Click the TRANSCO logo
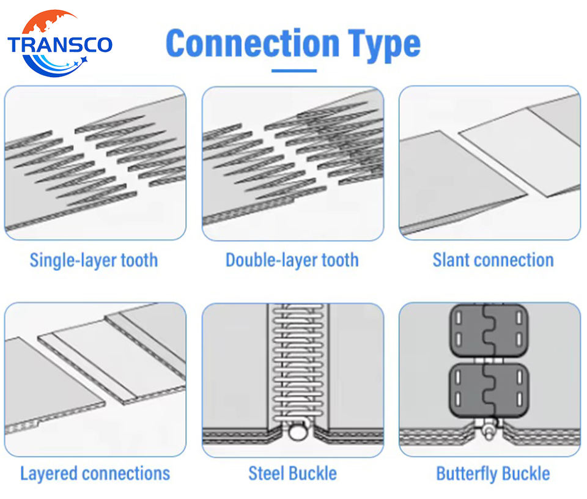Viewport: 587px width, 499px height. pyautogui.click(x=59, y=43)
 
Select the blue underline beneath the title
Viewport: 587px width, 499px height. pyautogui.click(x=293, y=70)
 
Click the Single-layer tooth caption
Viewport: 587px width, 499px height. pyautogui.click(x=94, y=260)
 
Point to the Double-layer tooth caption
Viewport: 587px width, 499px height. pyautogui.click(x=292, y=260)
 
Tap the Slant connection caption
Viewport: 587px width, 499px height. pyautogui.click(x=493, y=260)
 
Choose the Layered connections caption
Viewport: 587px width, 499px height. pyautogui.click(x=95, y=473)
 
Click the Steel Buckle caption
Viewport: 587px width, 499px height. pyautogui.click(x=292, y=473)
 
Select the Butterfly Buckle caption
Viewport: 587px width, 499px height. pyautogui.click(x=493, y=473)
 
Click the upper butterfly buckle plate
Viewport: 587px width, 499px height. pyautogui.click(x=489, y=331)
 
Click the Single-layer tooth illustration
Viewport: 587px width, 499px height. pyautogui.click(x=95, y=163)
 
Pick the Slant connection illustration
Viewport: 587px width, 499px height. pyautogui.click(x=489, y=163)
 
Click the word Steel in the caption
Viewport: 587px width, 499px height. pyautogui.click(x=268, y=473)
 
